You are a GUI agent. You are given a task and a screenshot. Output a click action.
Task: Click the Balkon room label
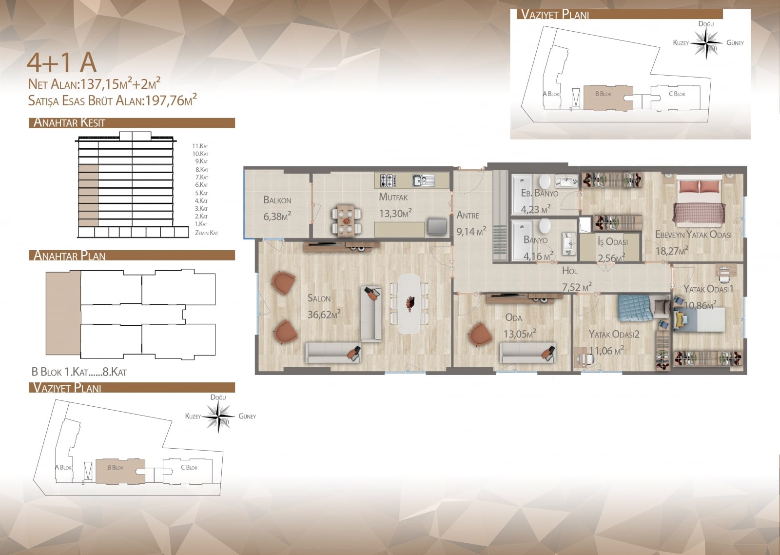(x=277, y=200)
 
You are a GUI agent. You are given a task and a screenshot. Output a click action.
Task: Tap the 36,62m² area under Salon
(x=324, y=314)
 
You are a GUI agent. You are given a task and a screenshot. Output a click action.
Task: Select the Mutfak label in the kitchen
(x=393, y=197)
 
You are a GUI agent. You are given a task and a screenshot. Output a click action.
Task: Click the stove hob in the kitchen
(x=387, y=180)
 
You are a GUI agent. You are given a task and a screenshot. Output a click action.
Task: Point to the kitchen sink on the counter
(x=423, y=180)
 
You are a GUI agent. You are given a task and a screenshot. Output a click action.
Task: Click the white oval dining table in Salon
(x=409, y=304)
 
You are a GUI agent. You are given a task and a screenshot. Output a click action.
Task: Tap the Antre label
(x=468, y=215)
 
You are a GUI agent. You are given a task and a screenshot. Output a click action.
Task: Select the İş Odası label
(x=612, y=241)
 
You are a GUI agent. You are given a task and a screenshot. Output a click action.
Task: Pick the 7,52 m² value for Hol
(x=577, y=287)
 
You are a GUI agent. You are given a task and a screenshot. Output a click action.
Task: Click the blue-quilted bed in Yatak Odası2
(x=636, y=308)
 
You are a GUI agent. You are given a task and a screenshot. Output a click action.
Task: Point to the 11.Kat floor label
(x=200, y=146)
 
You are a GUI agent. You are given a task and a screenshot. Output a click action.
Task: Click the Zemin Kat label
(x=207, y=233)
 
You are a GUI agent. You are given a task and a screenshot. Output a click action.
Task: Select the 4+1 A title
(x=61, y=63)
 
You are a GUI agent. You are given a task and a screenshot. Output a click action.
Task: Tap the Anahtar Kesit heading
(x=69, y=122)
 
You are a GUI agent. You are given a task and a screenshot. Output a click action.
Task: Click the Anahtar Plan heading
(x=69, y=256)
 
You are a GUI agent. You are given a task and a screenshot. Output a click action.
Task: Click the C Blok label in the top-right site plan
(x=677, y=94)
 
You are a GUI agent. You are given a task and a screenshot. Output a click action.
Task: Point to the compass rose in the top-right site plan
(x=706, y=43)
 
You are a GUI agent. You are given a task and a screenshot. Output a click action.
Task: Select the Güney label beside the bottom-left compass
(x=247, y=416)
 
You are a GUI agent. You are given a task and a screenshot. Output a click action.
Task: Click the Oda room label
(x=514, y=317)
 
